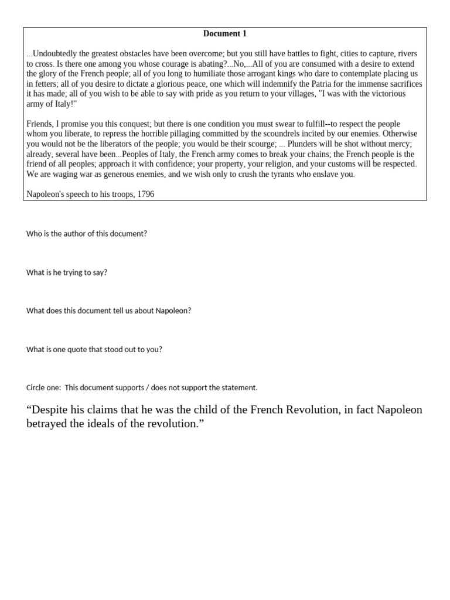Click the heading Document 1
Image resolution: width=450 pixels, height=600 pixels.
(225, 34)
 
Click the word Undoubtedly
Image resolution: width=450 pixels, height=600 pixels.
(55, 53)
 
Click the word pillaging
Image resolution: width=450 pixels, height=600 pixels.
(188, 134)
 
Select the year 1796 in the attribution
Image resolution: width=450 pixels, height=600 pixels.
(145, 193)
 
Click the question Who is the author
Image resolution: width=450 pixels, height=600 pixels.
(87, 233)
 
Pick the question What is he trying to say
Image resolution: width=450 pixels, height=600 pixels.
(67, 272)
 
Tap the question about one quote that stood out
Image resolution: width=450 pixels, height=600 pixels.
(94, 349)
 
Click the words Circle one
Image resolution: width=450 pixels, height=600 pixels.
(43, 387)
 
